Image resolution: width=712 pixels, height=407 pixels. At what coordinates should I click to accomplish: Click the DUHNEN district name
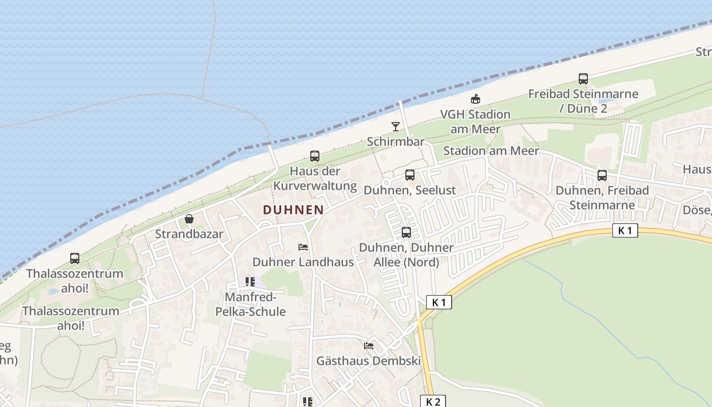click(293, 210)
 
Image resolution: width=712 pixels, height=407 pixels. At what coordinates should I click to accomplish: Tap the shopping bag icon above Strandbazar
click(189, 219)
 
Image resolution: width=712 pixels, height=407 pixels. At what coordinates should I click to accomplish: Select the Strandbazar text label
click(189, 234)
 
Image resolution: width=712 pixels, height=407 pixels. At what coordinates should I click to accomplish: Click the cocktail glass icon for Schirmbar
click(396, 126)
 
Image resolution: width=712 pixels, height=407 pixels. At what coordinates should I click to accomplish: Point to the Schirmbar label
click(396, 141)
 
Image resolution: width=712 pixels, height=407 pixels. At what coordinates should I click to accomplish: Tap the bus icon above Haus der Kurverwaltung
click(315, 156)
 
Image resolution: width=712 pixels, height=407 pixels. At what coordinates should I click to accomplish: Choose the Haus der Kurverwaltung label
click(315, 178)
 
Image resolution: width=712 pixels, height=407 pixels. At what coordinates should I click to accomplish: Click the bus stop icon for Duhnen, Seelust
click(410, 175)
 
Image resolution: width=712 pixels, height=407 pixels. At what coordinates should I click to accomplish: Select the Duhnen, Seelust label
click(410, 190)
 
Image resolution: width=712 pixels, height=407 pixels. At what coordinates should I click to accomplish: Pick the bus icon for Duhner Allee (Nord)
click(406, 232)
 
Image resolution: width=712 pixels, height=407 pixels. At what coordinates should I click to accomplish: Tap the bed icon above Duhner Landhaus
click(303, 247)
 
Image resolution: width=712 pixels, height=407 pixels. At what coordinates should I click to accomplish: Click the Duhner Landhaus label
click(303, 262)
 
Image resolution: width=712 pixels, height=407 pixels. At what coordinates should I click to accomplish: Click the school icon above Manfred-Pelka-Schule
click(250, 281)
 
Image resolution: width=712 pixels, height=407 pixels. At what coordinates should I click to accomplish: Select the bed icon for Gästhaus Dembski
click(369, 346)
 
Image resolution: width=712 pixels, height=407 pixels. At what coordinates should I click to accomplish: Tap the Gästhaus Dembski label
click(369, 361)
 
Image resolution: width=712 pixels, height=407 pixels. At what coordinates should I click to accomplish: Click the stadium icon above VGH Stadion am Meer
click(476, 99)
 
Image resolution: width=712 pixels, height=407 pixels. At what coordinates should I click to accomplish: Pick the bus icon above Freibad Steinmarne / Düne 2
click(583, 79)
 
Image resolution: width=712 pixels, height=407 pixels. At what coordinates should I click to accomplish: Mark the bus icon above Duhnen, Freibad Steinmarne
click(602, 176)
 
